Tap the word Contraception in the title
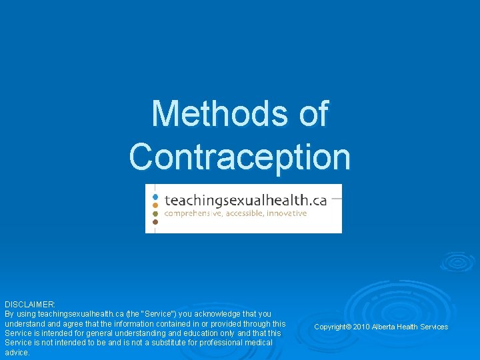pyautogui.click(x=240, y=156)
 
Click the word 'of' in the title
pyautogui.click(x=313, y=113)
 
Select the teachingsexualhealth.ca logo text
pyautogui.click(x=245, y=199)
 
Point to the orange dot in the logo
pyautogui.click(x=155, y=205)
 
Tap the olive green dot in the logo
pyautogui.click(x=155, y=213)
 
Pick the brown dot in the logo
pyautogui.click(x=155, y=221)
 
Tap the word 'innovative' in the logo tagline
pyautogui.click(x=288, y=213)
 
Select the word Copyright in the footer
pyautogui.click(x=330, y=327)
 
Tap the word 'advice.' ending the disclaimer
pyautogui.click(x=17, y=353)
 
